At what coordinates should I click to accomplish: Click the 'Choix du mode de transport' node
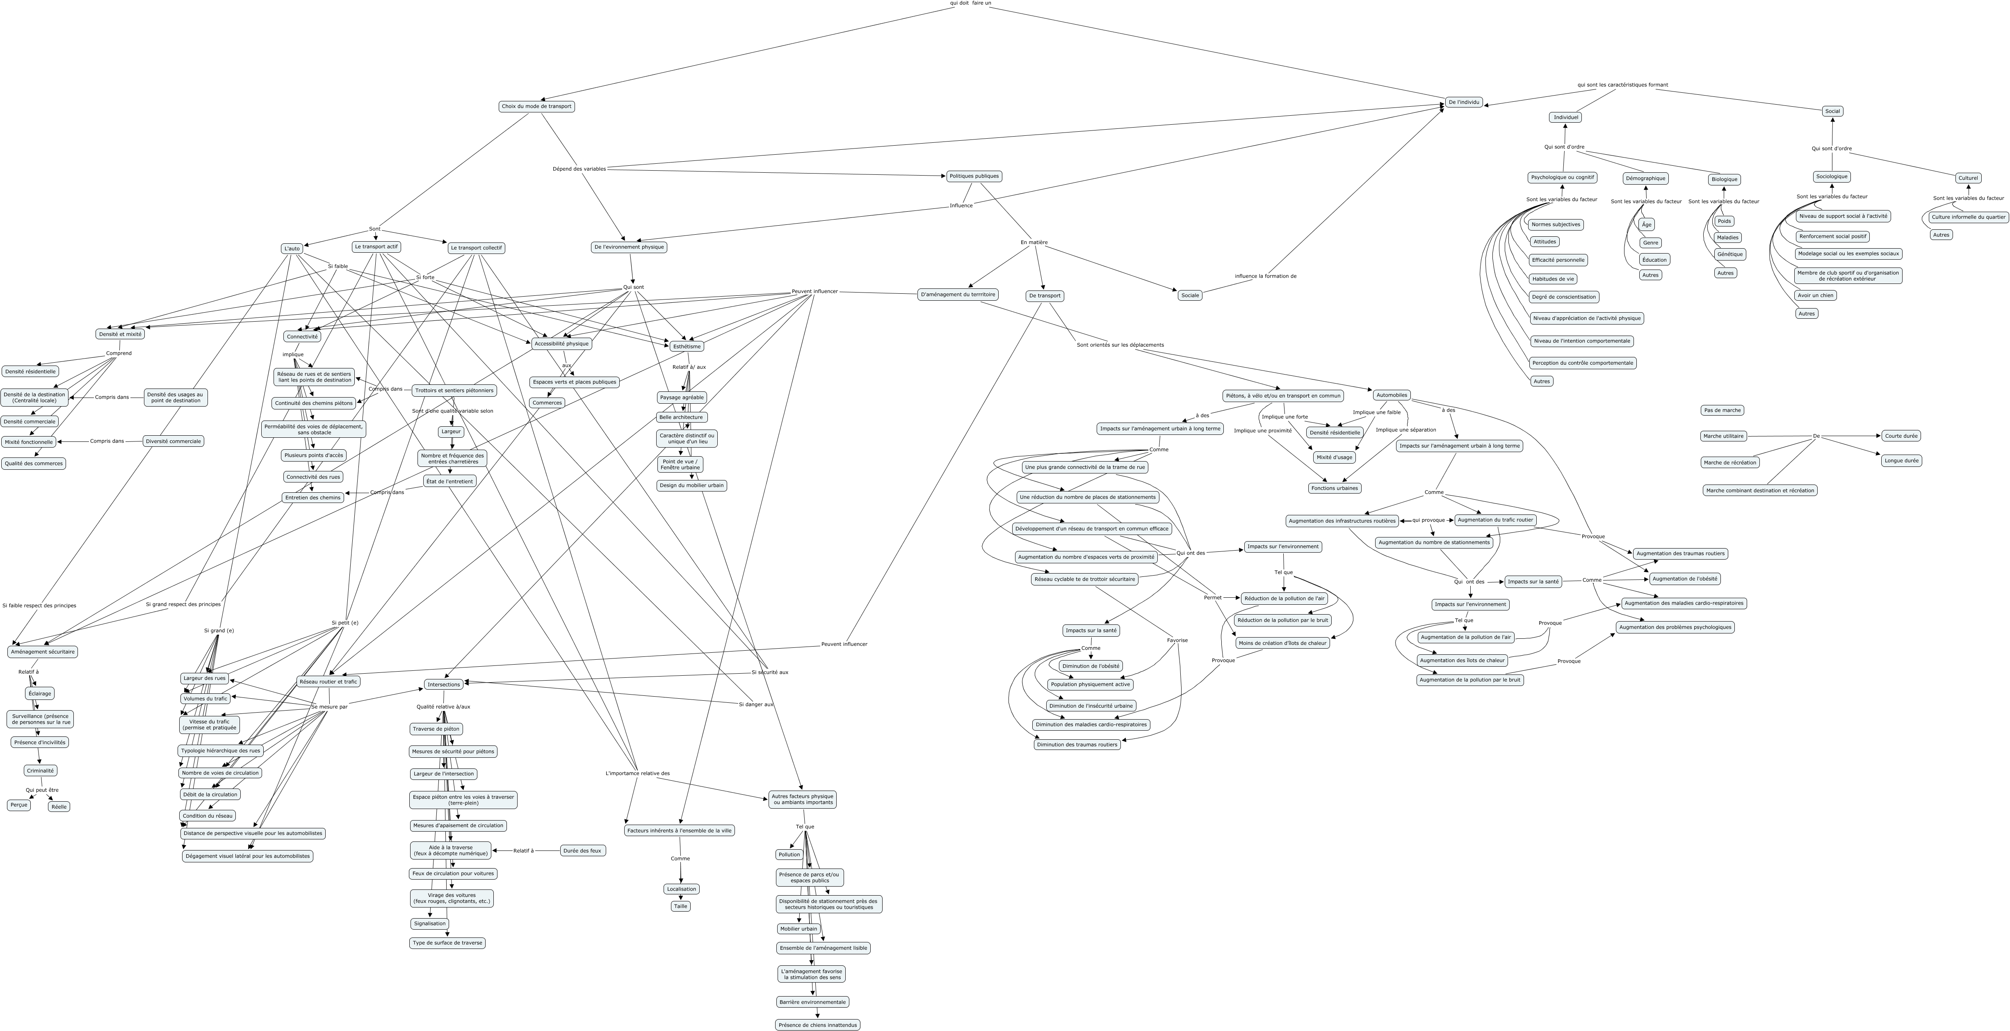click(x=536, y=106)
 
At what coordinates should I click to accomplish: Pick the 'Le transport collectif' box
click(x=476, y=248)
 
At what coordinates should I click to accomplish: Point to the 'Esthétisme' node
click(x=687, y=346)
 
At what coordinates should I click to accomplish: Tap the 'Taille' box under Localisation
click(x=680, y=906)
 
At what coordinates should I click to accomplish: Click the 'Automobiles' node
click(x=1391, y=395)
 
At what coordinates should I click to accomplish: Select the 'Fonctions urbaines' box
click(x=1334, y=488)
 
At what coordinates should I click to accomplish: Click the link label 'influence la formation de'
click(x=1265, y=276)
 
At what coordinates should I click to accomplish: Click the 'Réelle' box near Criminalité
click(x=59, y=806)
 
